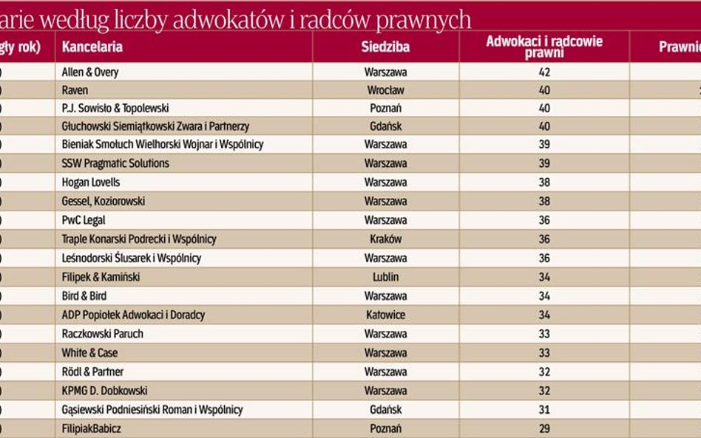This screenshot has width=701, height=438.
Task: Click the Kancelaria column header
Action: pyautogui.click(x=92, y=47)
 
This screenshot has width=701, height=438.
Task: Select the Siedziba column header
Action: pyautogui.click(x=385, y=47)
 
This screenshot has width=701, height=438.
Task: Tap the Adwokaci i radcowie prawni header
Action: pyautogui.click(x=544, y=47)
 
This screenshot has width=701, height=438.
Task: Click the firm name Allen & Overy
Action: pyautogui.click(x=90, y=72)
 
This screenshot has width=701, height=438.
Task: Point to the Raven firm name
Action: pyautogui.click(x=75, y=90)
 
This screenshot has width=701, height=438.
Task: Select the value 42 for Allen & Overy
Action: pyautogui.click(x=544, y=72)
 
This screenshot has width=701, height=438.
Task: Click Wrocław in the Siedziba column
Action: pyautogui.click(x=385, y=90)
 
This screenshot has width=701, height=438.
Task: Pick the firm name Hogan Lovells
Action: pyautogui.click(x=91, y=182)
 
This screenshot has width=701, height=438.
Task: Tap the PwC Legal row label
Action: pyautogui.click(x=84, y=220)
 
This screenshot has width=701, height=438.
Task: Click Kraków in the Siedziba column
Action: pyautogui.click(x=385, y=239)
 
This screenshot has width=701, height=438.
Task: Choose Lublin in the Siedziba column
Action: pyautogui.click(x=385, y=277)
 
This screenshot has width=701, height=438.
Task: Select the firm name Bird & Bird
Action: pyautogui.click(x=84, y=296)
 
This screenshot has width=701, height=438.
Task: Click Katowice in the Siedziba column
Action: pyautogui.click(x=385, y=315)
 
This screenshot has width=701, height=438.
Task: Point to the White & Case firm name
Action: pyautogui.click(x=89, y=353)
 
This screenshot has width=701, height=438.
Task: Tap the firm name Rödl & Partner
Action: pyautogui.click(x=92, y=372)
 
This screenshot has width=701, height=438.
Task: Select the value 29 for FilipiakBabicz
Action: pyautogui.click(x=544, y=428)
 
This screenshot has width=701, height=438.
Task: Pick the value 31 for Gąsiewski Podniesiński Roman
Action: pyautogui.click(x=544, y=409)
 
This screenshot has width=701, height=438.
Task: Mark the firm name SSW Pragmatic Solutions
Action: pyautogui.click(x=115, y=163)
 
